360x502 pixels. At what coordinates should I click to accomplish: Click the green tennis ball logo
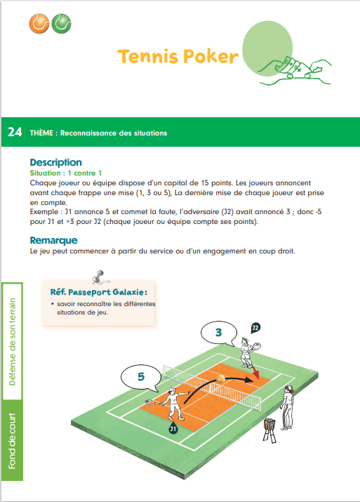click(61, 25)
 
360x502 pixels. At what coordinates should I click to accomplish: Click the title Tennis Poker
click(178, 56)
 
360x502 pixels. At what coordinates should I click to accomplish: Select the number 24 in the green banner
click(15, 132)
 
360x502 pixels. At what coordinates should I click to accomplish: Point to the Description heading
click(56, 162)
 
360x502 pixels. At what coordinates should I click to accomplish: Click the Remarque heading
click(53, 241)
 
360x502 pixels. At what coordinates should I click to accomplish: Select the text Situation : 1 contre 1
click(67, 173)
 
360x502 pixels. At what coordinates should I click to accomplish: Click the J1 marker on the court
click(173, 428)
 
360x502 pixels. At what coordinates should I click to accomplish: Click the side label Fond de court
click(13, 441)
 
